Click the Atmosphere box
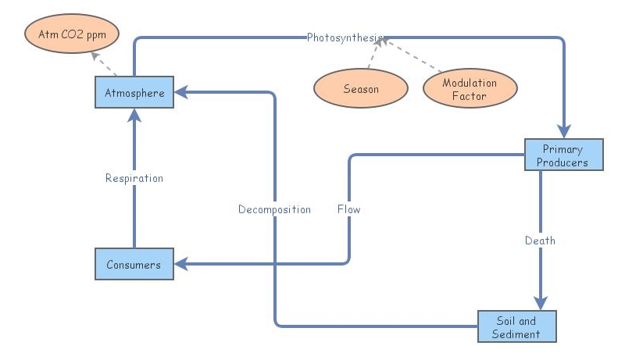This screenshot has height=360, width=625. point(134,93)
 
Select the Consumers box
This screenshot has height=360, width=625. point(134,264)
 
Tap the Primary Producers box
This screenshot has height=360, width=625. point(562,155)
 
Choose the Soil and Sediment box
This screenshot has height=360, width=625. point(516,326)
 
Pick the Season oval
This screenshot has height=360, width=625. point(361,88)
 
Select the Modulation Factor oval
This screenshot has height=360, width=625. point(470,88)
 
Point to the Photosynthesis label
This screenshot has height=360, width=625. point(345,37)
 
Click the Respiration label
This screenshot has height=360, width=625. point(134,178)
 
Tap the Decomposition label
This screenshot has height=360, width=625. point(274,209)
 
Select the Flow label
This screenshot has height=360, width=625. point(348,209)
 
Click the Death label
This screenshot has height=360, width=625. point(540,241)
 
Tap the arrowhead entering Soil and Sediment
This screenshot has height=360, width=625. point(540,303)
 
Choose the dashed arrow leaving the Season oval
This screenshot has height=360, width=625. point(374,55)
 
